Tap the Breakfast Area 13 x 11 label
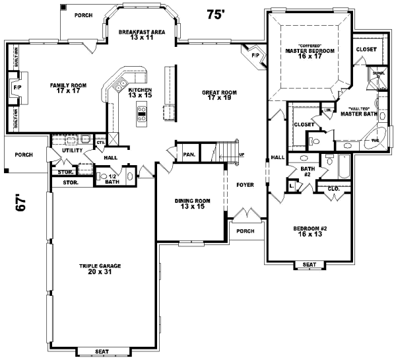point(141,35)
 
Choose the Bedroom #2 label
point(308,231)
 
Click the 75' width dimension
point(216,14)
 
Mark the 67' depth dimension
point(21,201)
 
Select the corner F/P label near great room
point(255,55)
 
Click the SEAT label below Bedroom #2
point(309,265)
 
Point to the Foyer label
point(245,185)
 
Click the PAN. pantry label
point(189,154)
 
